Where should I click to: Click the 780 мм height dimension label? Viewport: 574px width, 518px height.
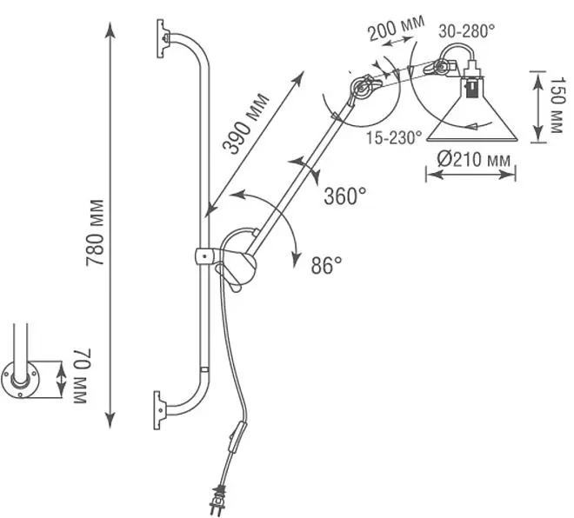tap(95, 232)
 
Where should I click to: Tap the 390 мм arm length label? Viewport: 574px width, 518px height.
tap(245, 124)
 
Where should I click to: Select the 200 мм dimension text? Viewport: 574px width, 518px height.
tap(397, 27)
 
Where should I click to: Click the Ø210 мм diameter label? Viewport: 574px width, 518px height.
tap(473, 160)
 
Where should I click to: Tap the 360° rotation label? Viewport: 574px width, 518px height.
tap(345, 196)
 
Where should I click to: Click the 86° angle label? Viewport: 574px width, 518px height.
tap(326, 265)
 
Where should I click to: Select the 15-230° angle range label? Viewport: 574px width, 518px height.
tap(394, 138)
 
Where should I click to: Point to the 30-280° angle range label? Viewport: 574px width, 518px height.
tap(467, 30)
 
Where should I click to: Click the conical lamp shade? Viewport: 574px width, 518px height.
tap(472, 110)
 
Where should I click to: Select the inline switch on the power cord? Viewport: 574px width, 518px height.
tap(237, 436)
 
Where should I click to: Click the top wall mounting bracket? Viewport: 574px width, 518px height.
tap(163, 39)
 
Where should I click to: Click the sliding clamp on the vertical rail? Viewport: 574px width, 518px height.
tap(204, 256)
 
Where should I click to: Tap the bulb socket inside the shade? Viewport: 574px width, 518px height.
tap(472, 88)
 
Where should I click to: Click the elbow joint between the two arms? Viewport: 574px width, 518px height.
tap(364, 87)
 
